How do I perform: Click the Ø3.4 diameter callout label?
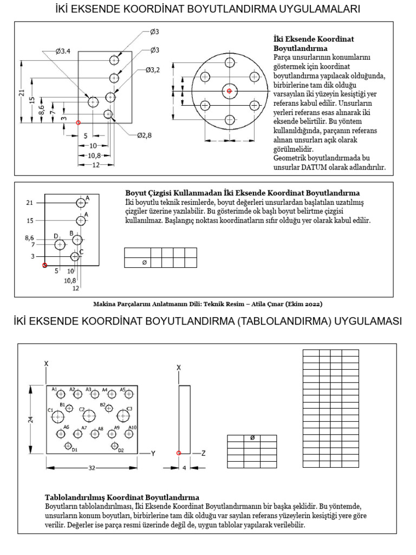click(x=63, y=51)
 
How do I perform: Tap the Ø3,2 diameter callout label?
click(x=152, y=70)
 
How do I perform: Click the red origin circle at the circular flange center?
click(x=229, y=91)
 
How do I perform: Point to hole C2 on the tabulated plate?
click(x=89, y=416)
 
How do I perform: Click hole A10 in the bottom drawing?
click(x=129, y=433)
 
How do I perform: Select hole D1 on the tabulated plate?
click(x=68, y=446)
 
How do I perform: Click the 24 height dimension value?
click(x=31, y=418)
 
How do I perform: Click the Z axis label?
click(x=203, y=453)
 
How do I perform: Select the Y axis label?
click(x=153, y=453)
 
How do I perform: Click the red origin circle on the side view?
click(x=179, y=453)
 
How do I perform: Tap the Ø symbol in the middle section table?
click(x=144, y=263)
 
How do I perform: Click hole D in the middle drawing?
click(x=60, y=245)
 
